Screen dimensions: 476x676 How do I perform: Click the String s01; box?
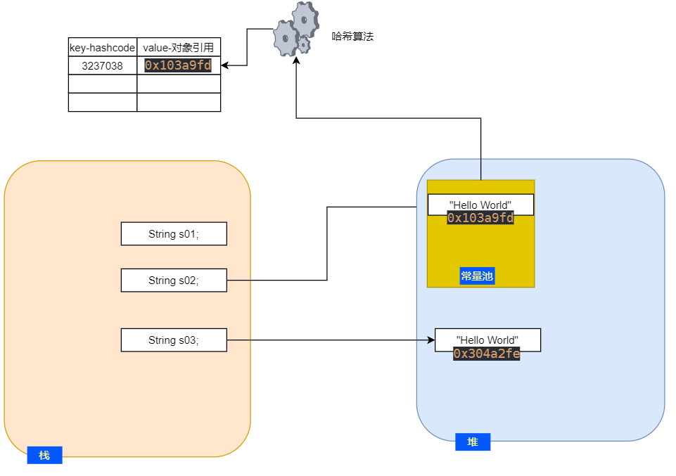174,234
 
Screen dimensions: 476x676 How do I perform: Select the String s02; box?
174,281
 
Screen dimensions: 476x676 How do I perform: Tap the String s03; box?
174,340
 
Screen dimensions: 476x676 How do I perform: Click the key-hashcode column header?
103,48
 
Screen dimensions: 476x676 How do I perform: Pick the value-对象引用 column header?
179,48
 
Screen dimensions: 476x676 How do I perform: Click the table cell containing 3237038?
103,66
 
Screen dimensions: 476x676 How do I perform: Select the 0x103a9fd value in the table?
178,65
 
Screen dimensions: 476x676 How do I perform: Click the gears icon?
295,30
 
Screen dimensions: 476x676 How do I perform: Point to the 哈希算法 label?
352,36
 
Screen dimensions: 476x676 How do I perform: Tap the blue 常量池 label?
477,276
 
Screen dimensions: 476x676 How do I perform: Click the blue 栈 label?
44,455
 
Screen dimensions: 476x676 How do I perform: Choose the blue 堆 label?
473,442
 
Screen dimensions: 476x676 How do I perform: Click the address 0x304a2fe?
487,354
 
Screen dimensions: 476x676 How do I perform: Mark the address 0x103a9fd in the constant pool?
480,218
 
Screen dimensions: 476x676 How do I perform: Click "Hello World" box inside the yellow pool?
480,205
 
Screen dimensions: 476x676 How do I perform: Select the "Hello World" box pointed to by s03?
487,340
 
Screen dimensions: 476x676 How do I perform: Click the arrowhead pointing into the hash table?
225,66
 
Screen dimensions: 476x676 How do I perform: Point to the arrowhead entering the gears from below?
297,61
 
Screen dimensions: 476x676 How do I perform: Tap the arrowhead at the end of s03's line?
431,340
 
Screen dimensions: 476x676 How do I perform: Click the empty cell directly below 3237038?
103,84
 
